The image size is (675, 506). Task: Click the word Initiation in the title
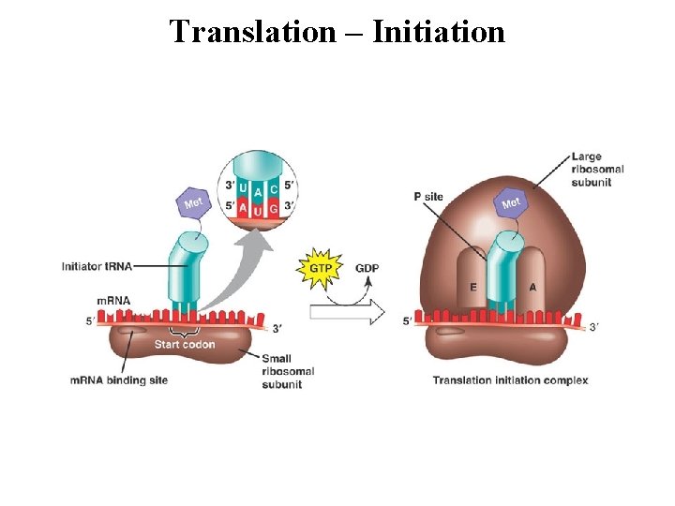438,33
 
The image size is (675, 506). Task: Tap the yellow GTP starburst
320,268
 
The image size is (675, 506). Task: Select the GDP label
367,268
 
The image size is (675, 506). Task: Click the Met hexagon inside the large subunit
511,202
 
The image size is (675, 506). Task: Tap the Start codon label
185,344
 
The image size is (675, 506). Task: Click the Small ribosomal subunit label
287,371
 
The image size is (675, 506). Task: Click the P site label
427,197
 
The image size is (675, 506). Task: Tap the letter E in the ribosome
472,288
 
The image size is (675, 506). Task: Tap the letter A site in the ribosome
532,288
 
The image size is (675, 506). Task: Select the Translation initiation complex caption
510,380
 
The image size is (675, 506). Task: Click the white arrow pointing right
347,311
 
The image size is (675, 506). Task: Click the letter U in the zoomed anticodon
244,187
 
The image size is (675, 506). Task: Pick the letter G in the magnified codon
273,207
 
